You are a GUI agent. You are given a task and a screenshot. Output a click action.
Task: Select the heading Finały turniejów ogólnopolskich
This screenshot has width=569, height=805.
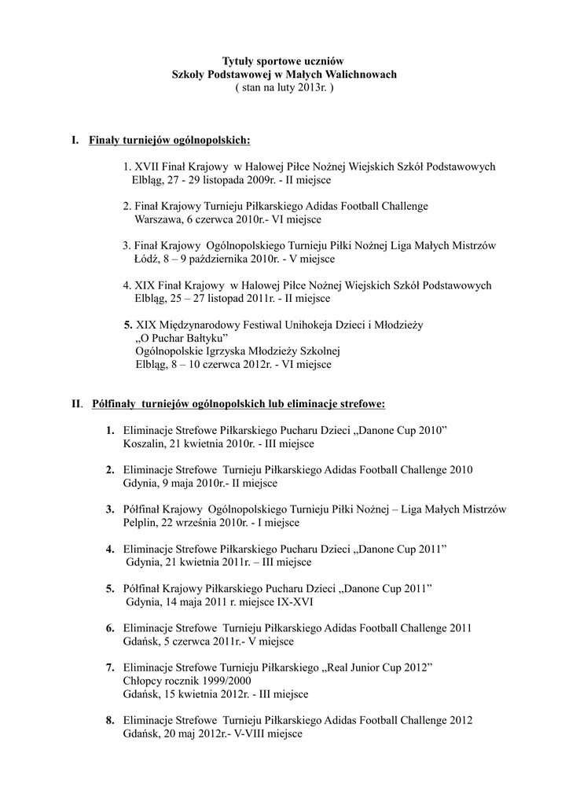[x=170, y=141]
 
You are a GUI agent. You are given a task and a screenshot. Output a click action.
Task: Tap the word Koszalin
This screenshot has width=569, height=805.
[x=145, y=444]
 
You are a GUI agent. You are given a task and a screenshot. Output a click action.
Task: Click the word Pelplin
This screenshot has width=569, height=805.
[x=141, y=523]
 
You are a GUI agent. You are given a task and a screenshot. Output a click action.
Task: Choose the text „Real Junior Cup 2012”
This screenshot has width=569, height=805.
[x=377, y=667]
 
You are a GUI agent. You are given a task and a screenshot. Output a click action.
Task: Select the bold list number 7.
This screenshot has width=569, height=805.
[x=110, y=667]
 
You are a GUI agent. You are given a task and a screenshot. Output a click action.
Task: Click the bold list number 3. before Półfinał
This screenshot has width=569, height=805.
[x=110, y=509]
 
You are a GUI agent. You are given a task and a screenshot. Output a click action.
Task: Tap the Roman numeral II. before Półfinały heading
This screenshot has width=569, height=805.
[x=77, y=404]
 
